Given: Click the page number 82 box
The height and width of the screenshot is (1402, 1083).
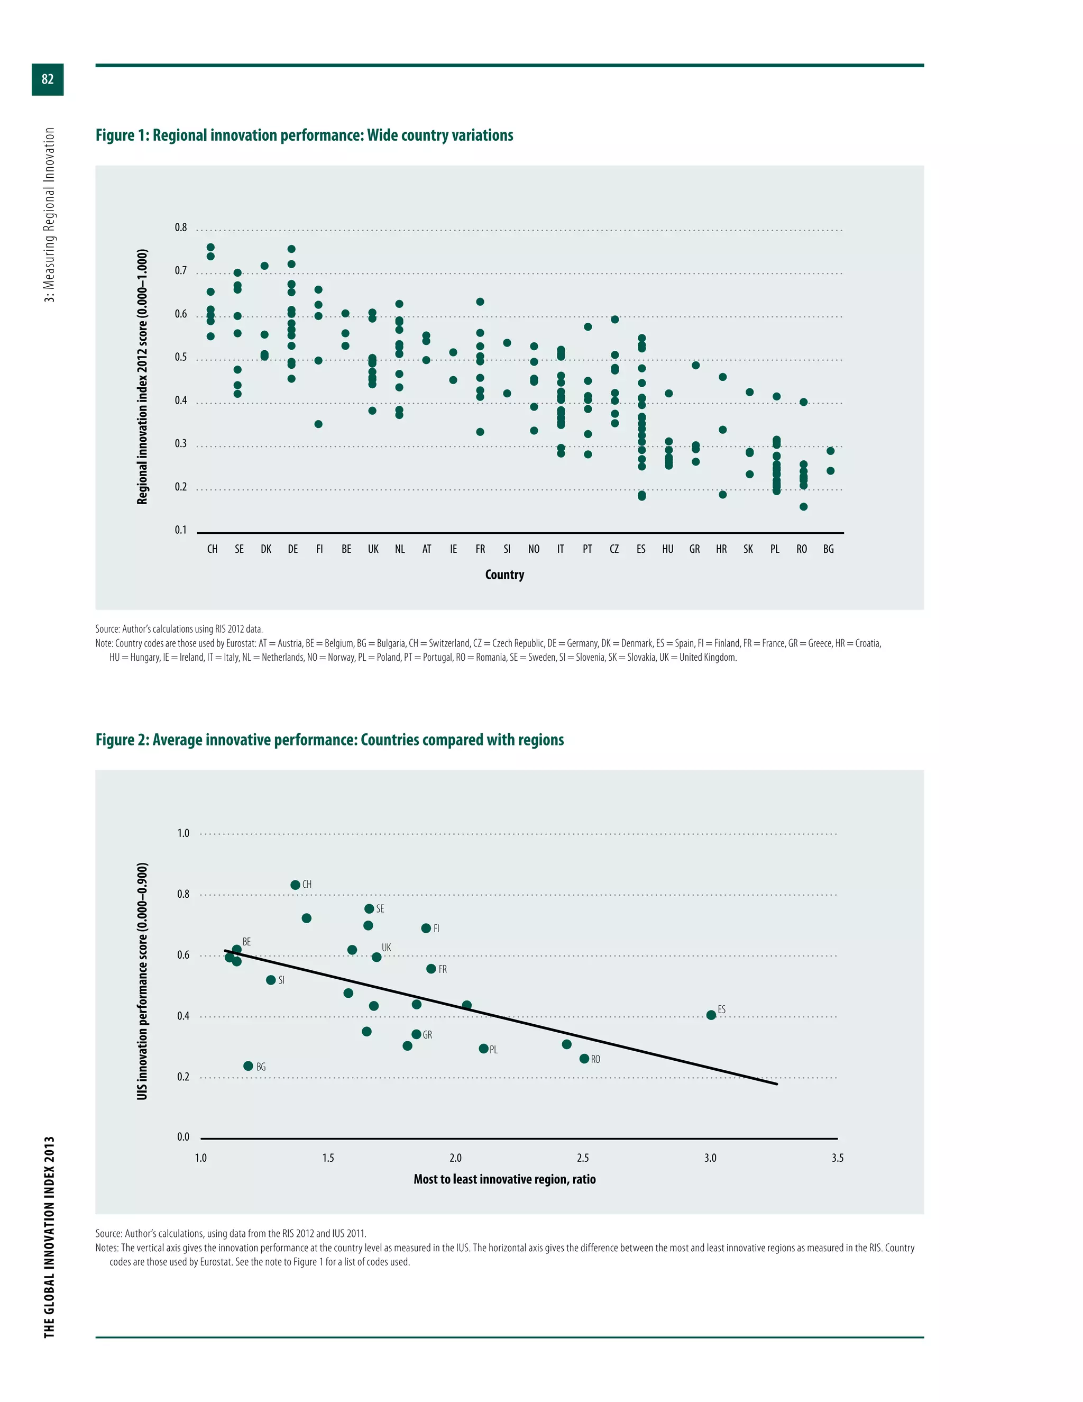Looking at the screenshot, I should click(48, 79).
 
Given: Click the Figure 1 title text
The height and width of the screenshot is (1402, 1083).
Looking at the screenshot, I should click(304, 135).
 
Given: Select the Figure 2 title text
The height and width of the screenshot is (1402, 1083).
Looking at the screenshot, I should click(329, 740).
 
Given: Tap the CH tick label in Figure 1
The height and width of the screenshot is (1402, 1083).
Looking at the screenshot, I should click(213, 550).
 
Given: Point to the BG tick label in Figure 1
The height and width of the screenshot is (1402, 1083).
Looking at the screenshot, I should click(828, 550).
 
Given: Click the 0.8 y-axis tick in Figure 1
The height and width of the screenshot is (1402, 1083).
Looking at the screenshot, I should click(181, 228).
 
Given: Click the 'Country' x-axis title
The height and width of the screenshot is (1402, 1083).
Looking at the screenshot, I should click(504, 575).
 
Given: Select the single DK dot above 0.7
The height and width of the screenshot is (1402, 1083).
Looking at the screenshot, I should click(264, 266).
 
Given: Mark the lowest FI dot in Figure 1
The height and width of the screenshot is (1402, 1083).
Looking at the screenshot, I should click(318, 424).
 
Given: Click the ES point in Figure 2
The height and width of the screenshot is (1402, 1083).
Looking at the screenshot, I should click(711, 1015).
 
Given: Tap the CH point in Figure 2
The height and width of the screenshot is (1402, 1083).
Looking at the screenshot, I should click(295, 885).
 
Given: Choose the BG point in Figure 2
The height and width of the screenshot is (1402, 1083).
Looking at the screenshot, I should click(249, 1066).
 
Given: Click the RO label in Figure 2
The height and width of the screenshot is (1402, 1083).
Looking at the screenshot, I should click(595, 1060).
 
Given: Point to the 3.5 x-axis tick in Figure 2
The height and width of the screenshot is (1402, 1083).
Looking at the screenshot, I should click(837, 1158).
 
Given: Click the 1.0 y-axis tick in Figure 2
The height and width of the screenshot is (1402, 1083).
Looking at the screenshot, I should click(183, 833).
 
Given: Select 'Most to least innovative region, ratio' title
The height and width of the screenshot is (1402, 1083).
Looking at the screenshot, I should click(504, 1179).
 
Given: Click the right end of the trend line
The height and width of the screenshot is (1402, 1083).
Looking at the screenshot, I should click(777, 1084).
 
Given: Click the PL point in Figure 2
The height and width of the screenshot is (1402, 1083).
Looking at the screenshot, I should click(484, 1048).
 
